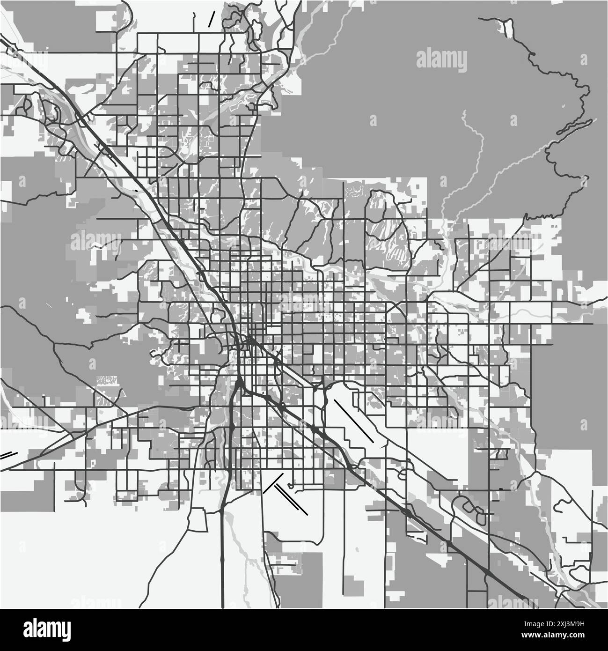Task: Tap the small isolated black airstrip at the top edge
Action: [x=212, y=18]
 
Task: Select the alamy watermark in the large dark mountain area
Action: [x=441, y=59]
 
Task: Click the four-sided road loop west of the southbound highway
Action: [x=198, y=521]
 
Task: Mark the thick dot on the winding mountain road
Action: [x=532, y=55]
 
